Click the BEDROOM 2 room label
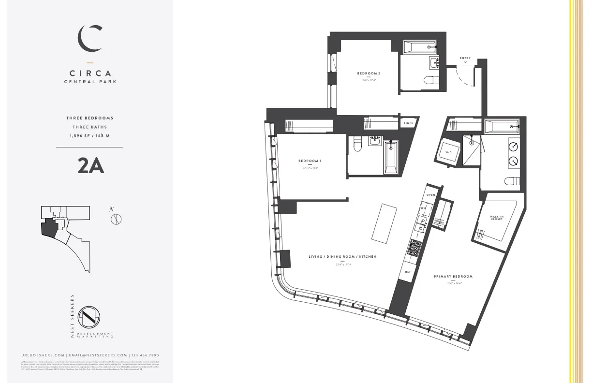[x=369, y=74]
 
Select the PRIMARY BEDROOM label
[x=453, y=277]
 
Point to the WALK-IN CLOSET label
[x=496, y=218]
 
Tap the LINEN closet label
[x=409, y=123]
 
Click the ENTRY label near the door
[x=465, y=59]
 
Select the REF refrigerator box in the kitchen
[x=408, y=272]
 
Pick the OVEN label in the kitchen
[x=430, y=195]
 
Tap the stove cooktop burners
[x=415, y=248]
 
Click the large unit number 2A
[x=90, y=166]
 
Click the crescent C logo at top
[x=91, y=38]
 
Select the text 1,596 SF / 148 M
[x=90, y=136]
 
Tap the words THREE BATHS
[x=90, y=127]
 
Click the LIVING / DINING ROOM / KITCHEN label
[x=342, y=257]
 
